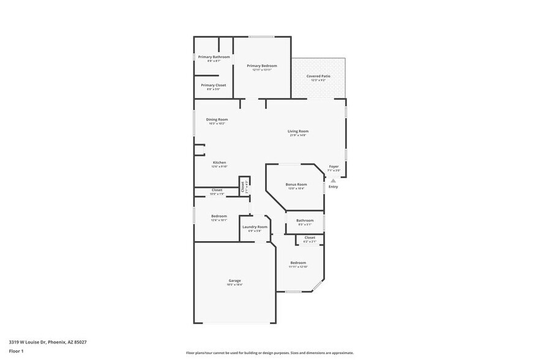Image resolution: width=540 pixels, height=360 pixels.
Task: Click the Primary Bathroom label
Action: pyautogui.click(x=214, y=57)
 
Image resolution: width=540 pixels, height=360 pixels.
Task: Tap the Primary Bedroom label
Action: pyautogui.click(x=262, y=66)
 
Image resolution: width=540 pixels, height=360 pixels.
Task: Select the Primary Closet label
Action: pyautogui.click(x=213, y=85)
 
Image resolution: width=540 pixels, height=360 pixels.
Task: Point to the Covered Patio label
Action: pyautogui.click(x=318, y=76)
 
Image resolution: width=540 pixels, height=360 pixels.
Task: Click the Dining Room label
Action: pyautogui.click(x=217, y=119)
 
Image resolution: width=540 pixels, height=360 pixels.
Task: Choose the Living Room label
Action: pyautogui.click(x=298, y=131)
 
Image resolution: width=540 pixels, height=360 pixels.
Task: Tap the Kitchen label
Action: pyautogui.click(x=219, y=162)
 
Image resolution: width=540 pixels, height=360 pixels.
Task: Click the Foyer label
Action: pyautogui.click(x=334, y=167)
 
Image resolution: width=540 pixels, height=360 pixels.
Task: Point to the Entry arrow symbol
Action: pyautogui.click(x=333, y=181)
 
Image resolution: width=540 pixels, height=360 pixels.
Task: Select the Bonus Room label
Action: pyautogui.click(x=296, y=184)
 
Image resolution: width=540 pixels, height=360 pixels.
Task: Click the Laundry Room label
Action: pyautogui.click(x=255, y=227)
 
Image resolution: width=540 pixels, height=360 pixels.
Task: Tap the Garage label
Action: pyautogui.click(x=234, y=280)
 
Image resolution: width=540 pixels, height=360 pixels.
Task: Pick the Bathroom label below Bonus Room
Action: pyautogui.click(x=305, y=220)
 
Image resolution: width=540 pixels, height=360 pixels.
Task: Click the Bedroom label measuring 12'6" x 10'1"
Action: pyautogui.click(x=219, y=216)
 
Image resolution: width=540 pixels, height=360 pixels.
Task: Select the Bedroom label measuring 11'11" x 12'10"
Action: pyautogui.click(x=298, y=263)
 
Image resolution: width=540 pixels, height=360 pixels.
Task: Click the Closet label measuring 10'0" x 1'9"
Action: pyautogui.click(x=217, y=190)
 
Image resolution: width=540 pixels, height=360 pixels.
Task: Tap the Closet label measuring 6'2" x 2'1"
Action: pyautogui.click(x=310, y=238)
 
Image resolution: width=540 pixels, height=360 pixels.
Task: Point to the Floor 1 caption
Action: pyautogui.click(x=16, y=351)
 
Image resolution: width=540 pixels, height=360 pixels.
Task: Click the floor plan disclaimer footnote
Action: pyautogui.click(x=269, y=353)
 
